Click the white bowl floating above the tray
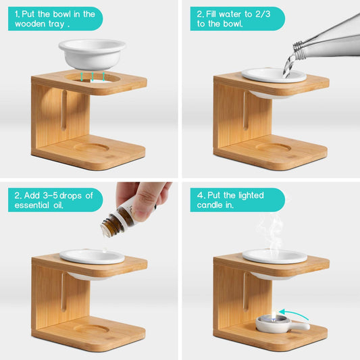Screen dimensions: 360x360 pos(92,54)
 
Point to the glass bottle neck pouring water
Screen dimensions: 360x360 pos(300,49)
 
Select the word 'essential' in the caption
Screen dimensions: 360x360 pos(32,205)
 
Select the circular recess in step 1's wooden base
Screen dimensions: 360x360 pos(91,147)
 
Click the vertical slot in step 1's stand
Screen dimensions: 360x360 pos(63,111)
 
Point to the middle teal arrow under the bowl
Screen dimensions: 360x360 pos(93,77)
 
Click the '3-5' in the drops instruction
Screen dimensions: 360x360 pos(50,196)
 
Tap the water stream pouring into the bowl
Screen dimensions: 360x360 pos(289,65)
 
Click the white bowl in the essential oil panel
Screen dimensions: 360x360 pos(92,257)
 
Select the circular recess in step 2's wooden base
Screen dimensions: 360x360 pos(274,147)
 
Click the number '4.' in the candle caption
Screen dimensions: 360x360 pos(201,195)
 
